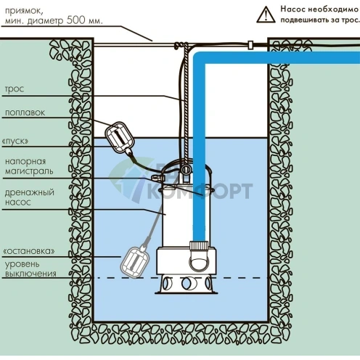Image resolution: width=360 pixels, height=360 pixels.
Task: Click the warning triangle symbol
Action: [x=266, y=15]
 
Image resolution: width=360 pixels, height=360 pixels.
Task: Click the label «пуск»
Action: [x=15, y=141]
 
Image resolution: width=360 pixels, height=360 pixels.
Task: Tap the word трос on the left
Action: [x=15, y=89]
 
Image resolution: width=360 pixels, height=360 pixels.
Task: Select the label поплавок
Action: [x=25, y=112]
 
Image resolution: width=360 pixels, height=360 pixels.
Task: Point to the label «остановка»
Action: [x=29, y=251]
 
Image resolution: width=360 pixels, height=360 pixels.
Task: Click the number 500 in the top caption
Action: [x=77, y=20]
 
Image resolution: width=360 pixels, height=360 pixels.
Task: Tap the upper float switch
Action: [x=120, y=137]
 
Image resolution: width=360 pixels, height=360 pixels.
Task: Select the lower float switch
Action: [x=135, y=262]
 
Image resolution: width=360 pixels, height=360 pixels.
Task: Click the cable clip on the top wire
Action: [x=250, y=45]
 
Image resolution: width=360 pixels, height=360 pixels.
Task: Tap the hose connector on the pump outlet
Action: [x=199, y=246]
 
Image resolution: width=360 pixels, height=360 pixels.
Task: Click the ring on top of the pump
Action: [x=186, y=169]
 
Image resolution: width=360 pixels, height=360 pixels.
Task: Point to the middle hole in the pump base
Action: [x=186, y=283]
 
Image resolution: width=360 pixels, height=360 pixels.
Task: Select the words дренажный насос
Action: [x=29, y=197]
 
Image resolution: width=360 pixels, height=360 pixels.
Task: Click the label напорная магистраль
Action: [x=29, y=166]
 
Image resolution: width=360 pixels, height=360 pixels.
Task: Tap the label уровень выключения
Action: [x=30, y=269]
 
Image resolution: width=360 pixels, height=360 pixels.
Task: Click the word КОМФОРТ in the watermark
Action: [x=200, y=191]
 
